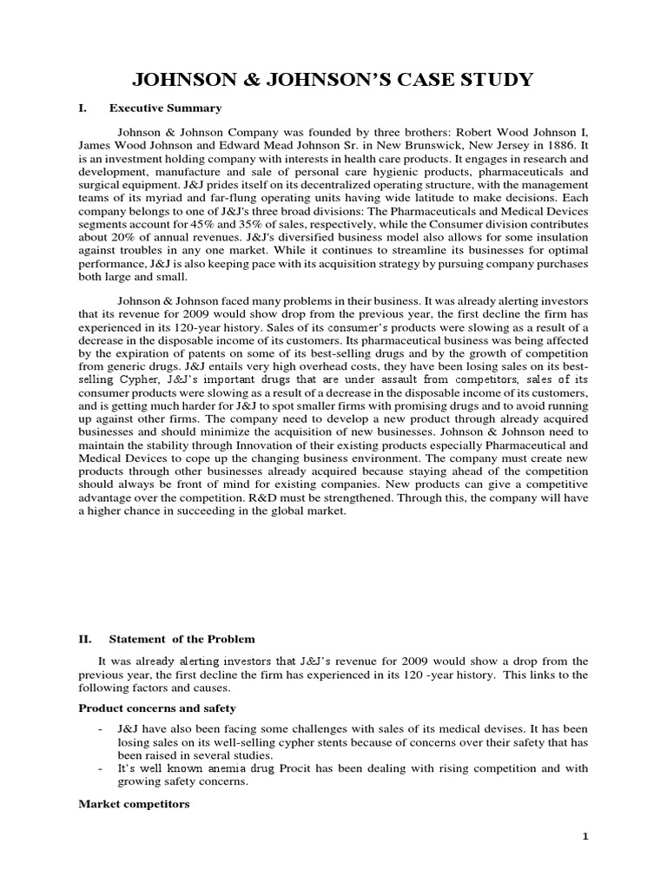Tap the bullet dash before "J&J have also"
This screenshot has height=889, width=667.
tap(102, 729)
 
